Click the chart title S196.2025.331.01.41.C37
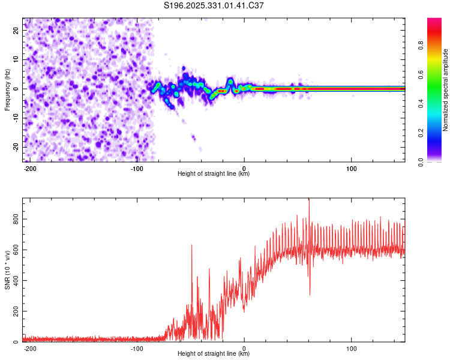pos(214,5)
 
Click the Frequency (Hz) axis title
pos(7,89)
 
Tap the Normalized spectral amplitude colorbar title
pos(446,90)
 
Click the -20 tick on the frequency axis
pos(16,147)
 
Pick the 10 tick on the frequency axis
pos(17,59)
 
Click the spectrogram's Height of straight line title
pos(214,174)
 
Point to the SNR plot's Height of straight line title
pos(214,354)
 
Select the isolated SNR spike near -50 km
pos(192,245)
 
